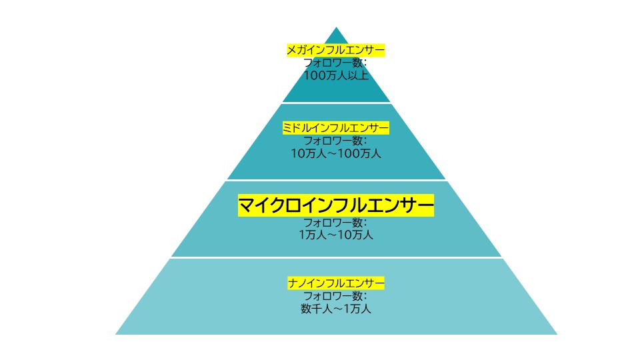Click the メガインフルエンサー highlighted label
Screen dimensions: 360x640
336,50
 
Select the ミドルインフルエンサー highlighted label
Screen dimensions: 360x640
336,128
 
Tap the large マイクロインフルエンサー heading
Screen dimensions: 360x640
336,205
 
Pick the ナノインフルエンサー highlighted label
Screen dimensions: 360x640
336,283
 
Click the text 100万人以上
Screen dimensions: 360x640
336,75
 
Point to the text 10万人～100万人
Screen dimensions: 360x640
336,153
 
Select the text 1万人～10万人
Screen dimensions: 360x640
336,235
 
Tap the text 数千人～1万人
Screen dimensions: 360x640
336,309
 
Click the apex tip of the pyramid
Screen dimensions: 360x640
337,29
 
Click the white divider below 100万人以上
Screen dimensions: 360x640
336,103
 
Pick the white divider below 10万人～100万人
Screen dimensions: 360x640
336,180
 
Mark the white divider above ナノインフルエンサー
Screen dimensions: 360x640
336,257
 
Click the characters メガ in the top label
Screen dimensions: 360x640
295,50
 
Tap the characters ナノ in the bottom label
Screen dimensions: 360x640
296,283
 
